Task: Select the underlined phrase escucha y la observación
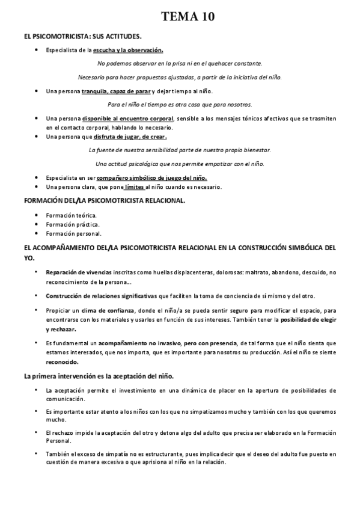pyautogui.click(x=128, y=50)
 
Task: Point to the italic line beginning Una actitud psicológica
pyautogui.click(x=180, y=164)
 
